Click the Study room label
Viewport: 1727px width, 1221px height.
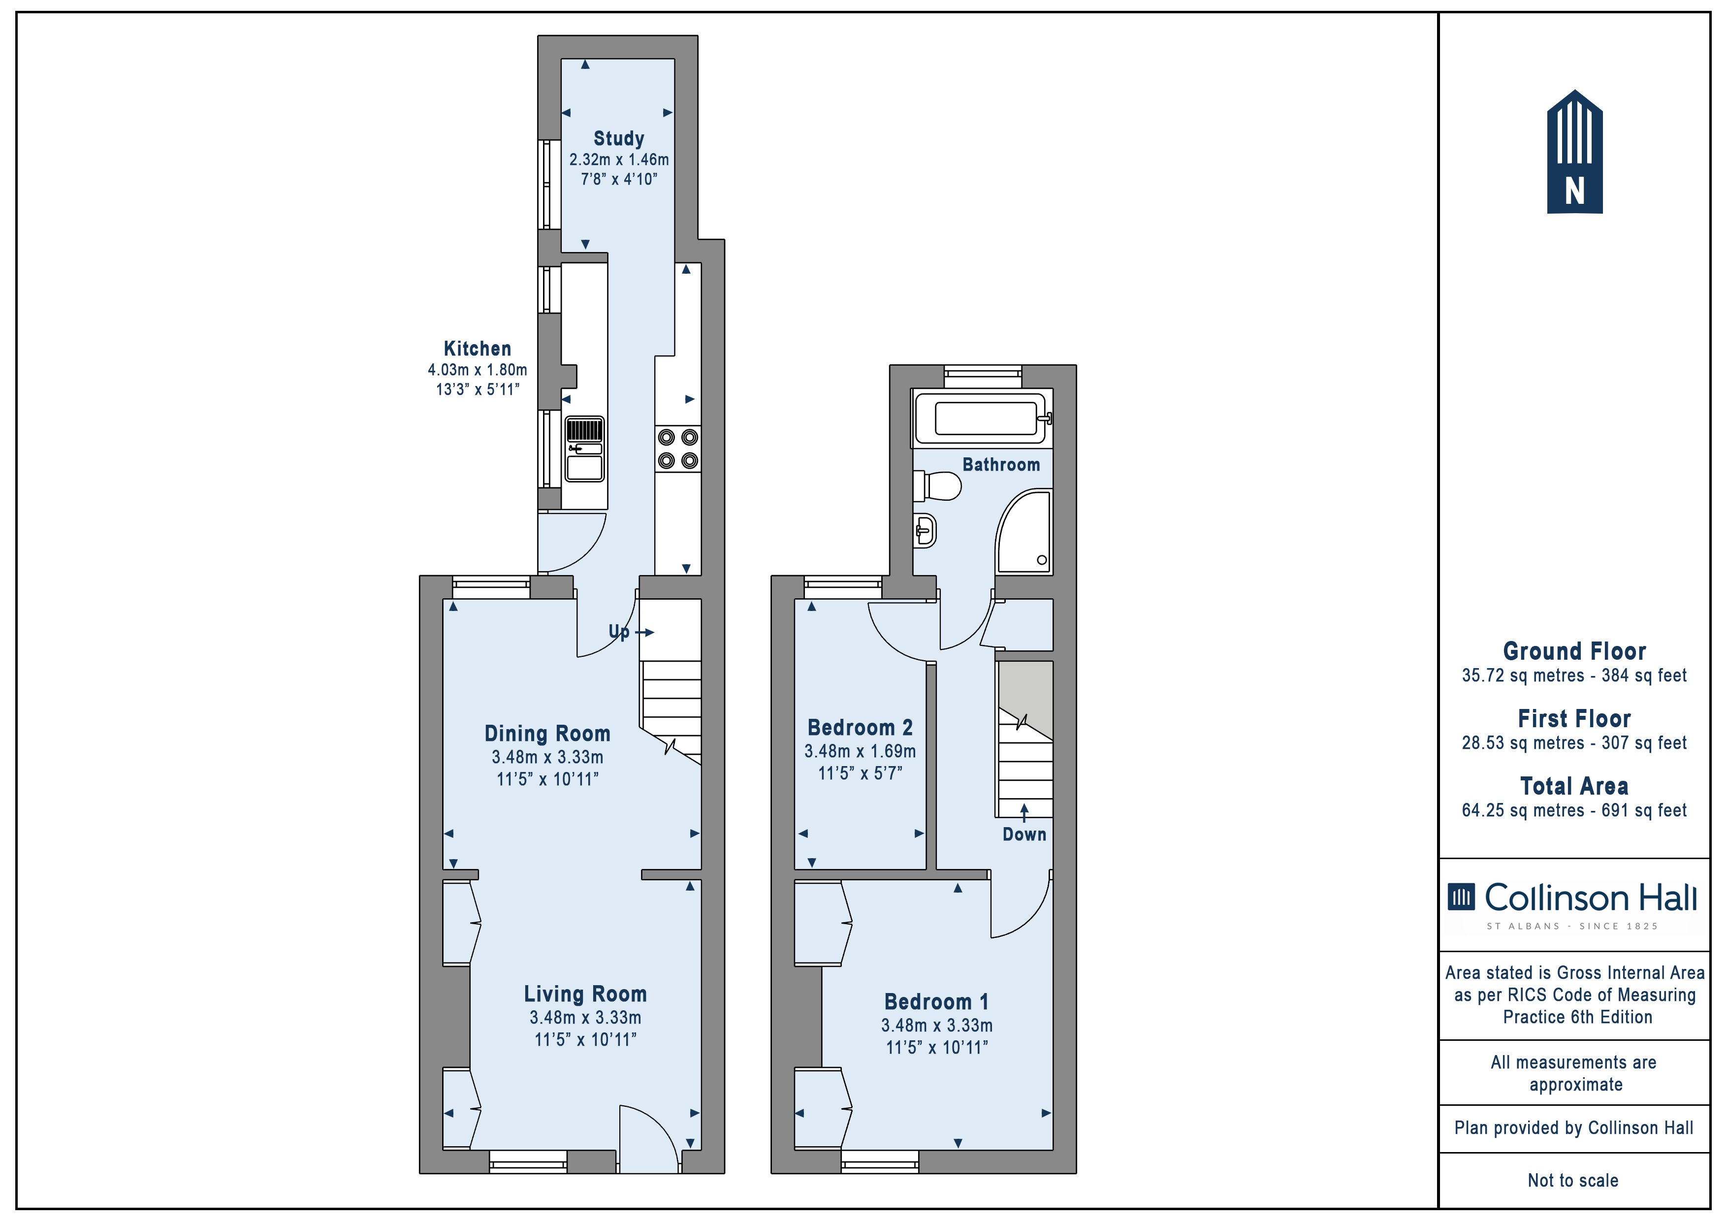(619, 138)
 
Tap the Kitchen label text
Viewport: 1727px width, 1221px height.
(478, 348)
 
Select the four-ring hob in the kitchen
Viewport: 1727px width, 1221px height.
(678, 449)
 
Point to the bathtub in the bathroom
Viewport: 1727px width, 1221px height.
(982, 418)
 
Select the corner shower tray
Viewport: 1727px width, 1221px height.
(1023, 532)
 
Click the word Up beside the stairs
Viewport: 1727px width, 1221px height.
(619, 632)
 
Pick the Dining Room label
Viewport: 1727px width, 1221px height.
(547, 734)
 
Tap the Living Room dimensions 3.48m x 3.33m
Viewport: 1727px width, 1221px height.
(585, 1018)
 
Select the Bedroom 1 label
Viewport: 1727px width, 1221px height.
(937, 1002)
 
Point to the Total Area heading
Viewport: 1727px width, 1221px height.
(1574, 786)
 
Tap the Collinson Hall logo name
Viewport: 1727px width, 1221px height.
(1591, 898)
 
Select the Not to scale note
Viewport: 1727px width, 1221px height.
(1573, 1180)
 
